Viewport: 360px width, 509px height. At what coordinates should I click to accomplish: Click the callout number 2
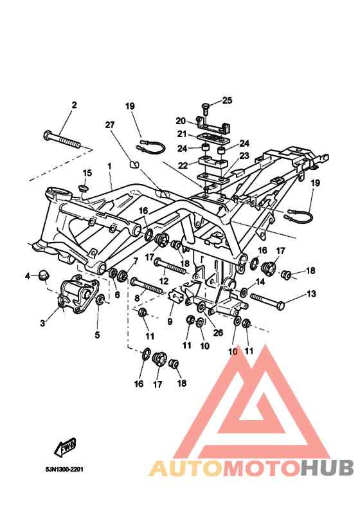point(75,105)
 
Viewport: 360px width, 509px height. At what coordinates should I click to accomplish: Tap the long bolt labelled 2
point(62,139)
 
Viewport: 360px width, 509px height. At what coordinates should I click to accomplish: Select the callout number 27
point(110,125)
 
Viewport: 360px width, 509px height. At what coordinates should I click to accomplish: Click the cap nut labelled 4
point(44,275)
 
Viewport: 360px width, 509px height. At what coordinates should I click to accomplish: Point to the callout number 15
point(87,172)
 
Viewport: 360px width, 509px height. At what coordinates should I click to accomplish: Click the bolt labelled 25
point(205,109)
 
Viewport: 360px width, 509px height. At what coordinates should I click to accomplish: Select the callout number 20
point(181,121)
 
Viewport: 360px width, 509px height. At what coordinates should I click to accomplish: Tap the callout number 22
point(183,165)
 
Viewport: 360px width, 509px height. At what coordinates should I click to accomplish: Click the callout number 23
point(244,156)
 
